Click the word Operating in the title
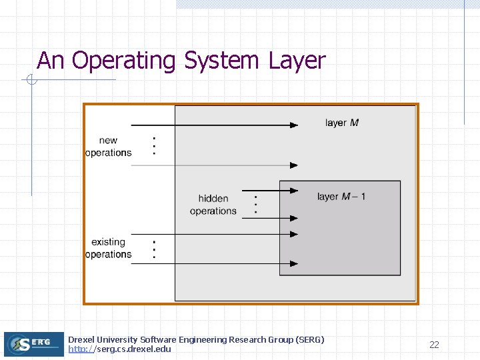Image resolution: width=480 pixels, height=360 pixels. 123,61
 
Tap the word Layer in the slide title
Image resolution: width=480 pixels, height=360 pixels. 297,61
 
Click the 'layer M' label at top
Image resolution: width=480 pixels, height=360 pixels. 342,123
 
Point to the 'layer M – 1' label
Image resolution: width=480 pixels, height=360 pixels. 341,197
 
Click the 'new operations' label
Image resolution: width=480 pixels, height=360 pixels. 108,147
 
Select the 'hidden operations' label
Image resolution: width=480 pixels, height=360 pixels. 213,205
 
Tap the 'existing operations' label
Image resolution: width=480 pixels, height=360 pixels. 108,248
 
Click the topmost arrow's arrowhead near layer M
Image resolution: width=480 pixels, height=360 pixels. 294,125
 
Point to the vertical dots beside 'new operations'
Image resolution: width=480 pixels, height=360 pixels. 155,145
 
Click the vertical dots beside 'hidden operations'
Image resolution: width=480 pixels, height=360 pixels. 256,203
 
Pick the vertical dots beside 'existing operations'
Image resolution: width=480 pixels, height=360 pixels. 155,249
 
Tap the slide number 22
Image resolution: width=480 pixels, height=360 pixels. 434,345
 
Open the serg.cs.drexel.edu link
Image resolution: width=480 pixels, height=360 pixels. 119,349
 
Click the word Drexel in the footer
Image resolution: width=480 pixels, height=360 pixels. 81,340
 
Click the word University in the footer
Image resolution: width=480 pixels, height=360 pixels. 117,340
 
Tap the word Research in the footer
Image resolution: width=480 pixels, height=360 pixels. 248,340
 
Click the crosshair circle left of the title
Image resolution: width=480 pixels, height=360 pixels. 31,81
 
